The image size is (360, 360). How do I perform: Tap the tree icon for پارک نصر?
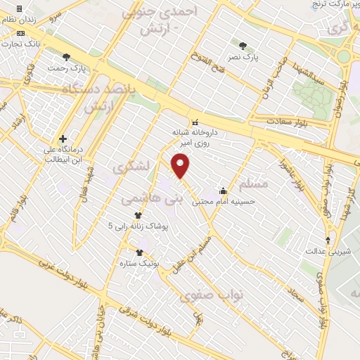point(243,44)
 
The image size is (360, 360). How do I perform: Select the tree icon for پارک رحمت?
point(66,57)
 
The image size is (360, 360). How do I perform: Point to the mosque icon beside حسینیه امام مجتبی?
point(224,189)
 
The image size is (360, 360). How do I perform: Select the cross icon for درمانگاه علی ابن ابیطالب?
point(63,139)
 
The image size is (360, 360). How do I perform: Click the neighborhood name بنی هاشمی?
point(152,200)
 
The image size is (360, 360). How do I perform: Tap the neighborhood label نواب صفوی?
point(211,295)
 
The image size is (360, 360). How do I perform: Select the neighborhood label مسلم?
point(253,184)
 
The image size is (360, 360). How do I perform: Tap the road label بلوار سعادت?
point(288,123)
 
